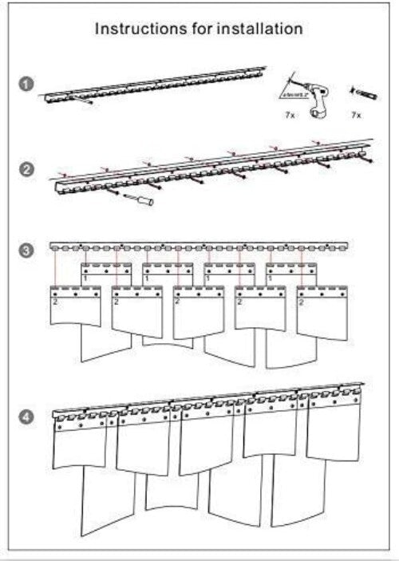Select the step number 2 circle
tap(27, 169)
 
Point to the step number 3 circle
tap(27, 251)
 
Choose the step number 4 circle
tap(27, 417)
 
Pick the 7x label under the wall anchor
tap(356, 116)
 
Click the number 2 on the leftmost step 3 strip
tap(53, 303)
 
